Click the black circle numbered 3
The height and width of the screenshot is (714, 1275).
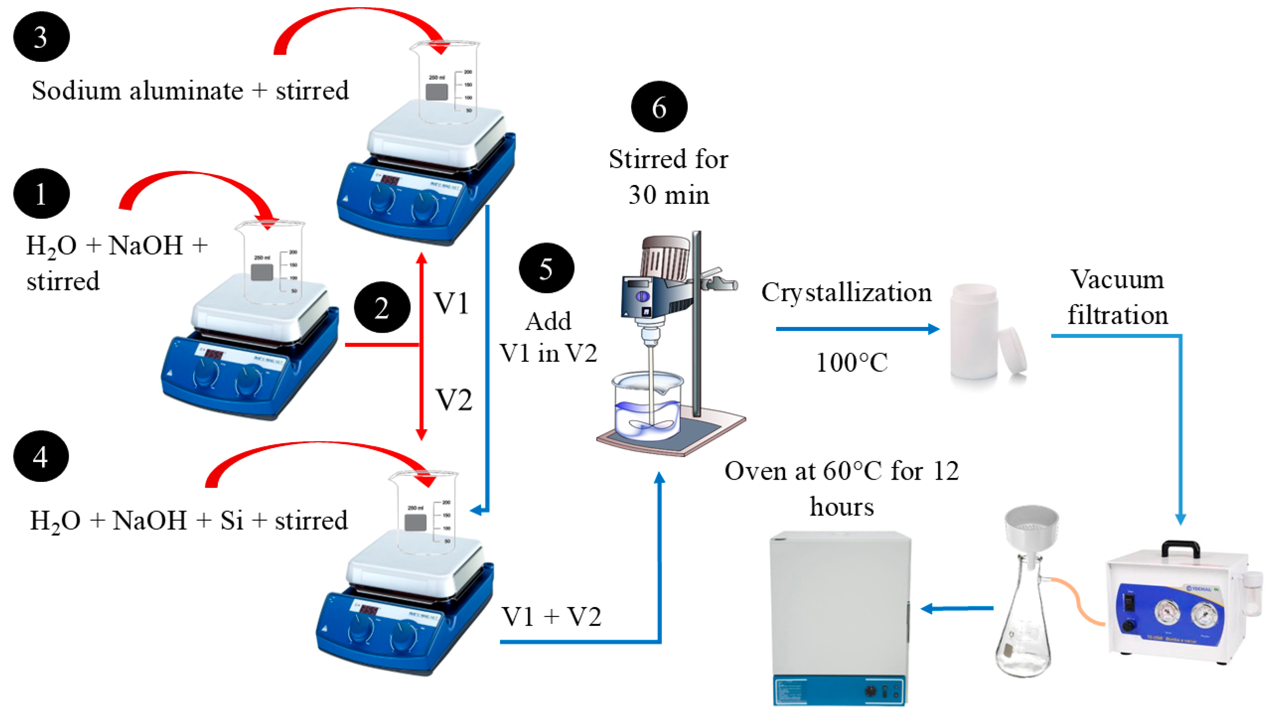tap(41, 37)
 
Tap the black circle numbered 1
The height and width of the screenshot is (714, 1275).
tap(41, 194)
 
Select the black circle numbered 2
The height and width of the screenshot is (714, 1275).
tap(381, 307)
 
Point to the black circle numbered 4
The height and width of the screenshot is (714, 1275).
tap(41, 456)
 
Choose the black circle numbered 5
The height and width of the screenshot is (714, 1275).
tap(546, 268)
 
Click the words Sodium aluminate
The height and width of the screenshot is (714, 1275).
tap(137, 91)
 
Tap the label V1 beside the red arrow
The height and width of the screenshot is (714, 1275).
tap(451, 303)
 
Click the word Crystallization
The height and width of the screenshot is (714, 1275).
tap(846, 292)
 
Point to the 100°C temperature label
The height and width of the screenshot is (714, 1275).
tap(851, 362)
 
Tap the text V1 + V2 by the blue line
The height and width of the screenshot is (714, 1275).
tap(551, 617)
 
